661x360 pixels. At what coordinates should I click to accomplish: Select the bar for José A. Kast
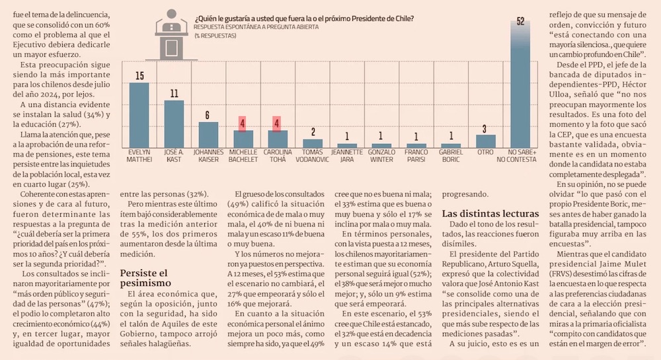(x=173, y=124)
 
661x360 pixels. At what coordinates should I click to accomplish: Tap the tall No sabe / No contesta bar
(x=520, y=86)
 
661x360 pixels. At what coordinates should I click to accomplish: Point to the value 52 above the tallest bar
(x=520, y=21)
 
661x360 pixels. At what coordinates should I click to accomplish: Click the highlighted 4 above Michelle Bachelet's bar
(x=243, y=123)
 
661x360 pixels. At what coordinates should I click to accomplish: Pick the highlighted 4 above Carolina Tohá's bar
(x=277, y=123)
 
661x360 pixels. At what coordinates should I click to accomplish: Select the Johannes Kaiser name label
(x=208, y=155)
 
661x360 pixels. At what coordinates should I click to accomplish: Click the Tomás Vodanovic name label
(x=312, y=155)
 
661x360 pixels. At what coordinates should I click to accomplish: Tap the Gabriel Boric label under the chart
(x=451, y=155)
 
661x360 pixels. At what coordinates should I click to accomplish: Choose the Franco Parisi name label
(x=416, y=155)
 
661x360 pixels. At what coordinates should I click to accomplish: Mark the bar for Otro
(x=486, y=141)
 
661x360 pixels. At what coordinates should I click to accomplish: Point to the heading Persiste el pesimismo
(x=143, y=278)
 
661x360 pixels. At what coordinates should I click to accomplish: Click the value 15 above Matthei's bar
(x=139, y=75)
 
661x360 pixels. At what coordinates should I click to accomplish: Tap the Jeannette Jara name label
(x=346, y=155)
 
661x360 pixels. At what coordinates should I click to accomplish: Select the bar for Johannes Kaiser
(x=208, y=134)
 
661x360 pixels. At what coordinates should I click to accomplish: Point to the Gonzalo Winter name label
(x=381, y=155)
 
